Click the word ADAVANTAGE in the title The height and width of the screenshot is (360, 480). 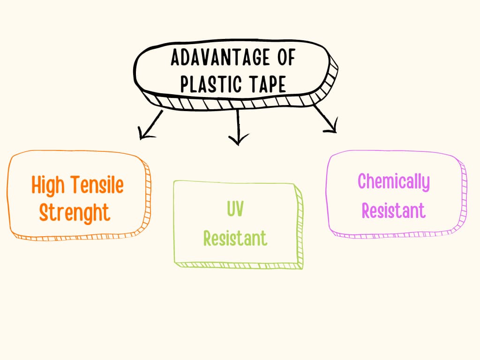(220, 58)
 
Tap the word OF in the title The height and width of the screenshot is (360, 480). (284, 58)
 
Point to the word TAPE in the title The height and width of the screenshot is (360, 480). (268, 84)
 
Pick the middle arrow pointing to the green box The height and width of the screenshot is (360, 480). (239, 126)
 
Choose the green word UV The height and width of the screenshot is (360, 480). (235, 209)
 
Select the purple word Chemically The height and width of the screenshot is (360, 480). (393, 181)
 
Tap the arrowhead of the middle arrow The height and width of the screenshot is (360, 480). (239, 140)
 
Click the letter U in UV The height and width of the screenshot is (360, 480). (231, 209)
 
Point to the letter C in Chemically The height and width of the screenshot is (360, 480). (362, 181)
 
